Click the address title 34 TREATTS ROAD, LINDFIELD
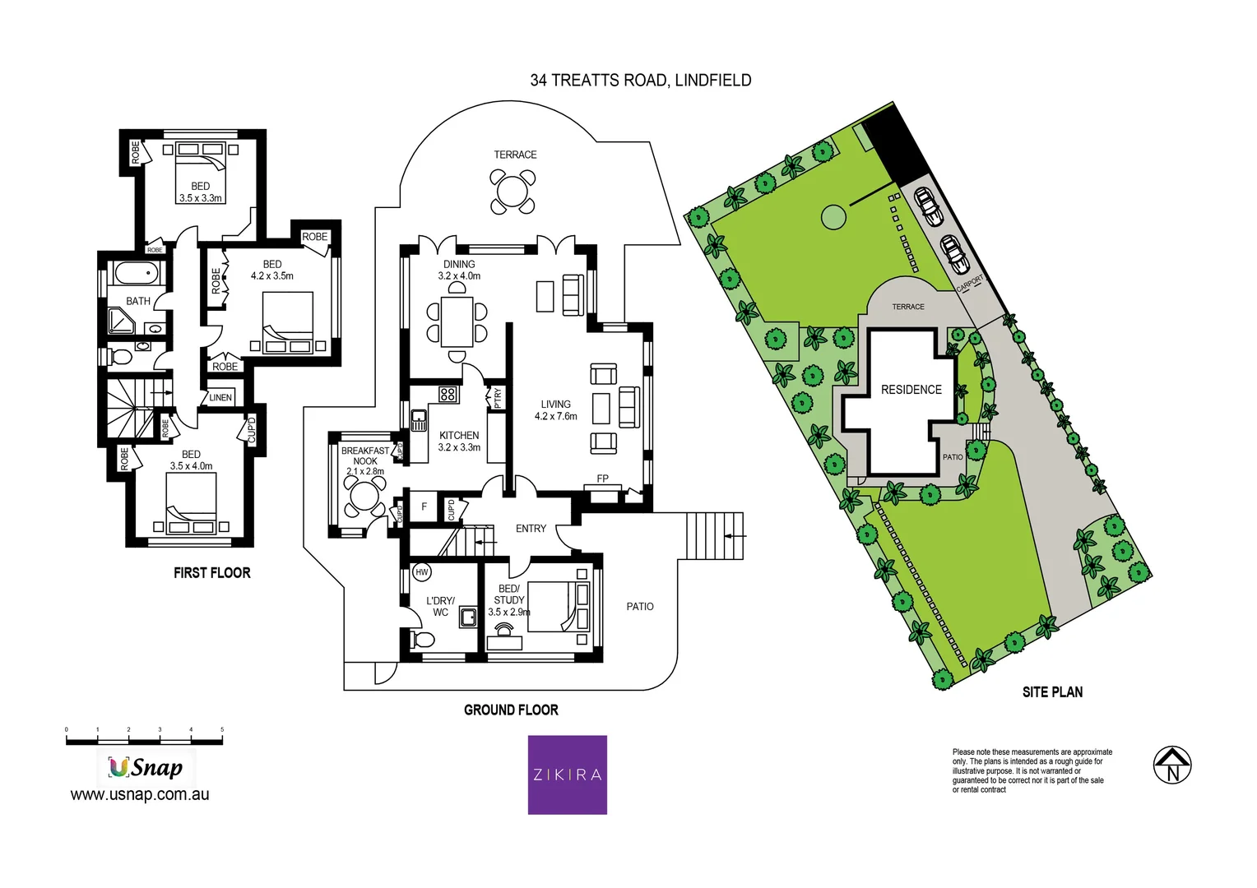640,80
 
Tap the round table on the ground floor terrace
512,192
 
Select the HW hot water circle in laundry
422,572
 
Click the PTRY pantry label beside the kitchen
497,398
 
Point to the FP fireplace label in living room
602,479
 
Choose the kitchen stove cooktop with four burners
448,394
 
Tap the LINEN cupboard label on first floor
220,398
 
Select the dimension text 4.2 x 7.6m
555,416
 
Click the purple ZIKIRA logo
567,775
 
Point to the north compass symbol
1172,765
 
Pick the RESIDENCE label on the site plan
911,390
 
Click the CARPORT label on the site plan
970,284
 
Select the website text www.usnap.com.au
140,794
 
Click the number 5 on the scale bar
222,729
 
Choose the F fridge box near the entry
424,507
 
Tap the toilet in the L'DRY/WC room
423,640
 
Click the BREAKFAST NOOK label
365,456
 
